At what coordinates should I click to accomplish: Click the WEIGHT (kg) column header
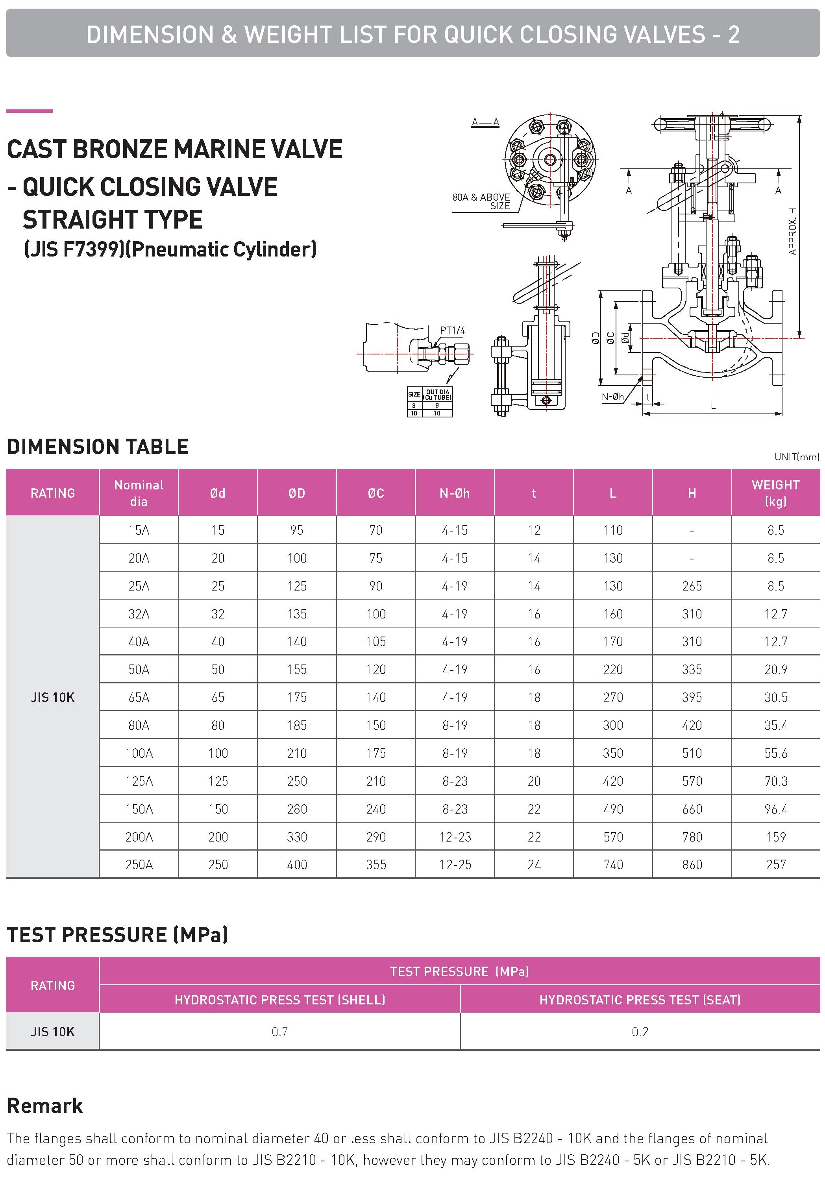pos(775,492)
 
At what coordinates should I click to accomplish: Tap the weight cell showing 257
pos(775,864)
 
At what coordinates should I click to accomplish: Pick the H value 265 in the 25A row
pos(692,586)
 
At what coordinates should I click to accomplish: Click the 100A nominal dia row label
pos(139,753)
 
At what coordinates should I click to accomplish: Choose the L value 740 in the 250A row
pos(613,864)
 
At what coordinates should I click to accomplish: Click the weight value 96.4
pos(775,809)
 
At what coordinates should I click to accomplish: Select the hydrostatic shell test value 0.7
pos(279,1032)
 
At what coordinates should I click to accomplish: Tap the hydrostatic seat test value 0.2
pos(640,1032)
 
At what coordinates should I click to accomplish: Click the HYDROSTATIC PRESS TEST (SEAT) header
pos(640,1000)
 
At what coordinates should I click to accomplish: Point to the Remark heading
pos(45,1106)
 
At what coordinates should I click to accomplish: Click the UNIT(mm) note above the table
pos(796,457)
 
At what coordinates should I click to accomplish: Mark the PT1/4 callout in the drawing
pos(452,330)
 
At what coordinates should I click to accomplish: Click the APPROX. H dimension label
pos(792,231)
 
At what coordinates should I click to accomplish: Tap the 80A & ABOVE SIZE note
pos(481,201)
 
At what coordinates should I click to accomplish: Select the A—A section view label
pos(485,122)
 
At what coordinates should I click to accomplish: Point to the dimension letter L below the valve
pos(713,406)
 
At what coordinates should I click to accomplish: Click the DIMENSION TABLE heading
pos(98,447)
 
